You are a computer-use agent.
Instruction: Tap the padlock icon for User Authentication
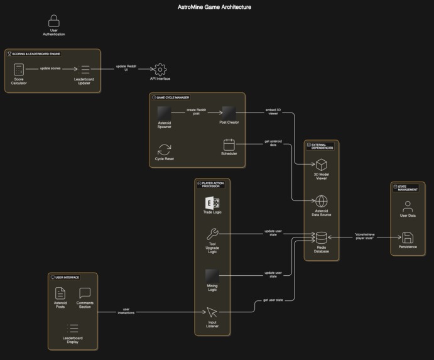(54, 21)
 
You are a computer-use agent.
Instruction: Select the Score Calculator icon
(19, 70)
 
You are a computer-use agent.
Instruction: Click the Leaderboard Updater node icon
(86, 70)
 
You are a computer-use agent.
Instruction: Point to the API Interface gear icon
(160, 68)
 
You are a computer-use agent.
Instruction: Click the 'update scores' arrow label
(50, 68)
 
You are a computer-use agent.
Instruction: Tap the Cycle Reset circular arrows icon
(165, 150)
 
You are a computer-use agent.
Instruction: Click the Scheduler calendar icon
(229, 144)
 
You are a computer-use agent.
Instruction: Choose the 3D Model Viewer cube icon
(321, 165)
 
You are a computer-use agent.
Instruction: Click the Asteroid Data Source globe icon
(321, 201)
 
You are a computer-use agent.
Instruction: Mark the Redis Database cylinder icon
(321, 237)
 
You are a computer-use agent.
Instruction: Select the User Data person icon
(408, 205)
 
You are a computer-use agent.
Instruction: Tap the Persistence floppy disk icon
(408, 237)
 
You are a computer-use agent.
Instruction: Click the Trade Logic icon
(212, 203)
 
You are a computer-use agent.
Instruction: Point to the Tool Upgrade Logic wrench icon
(212, 234)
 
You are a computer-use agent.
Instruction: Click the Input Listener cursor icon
(212, 312)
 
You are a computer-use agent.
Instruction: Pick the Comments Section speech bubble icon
(85, 293)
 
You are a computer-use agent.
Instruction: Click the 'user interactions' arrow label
(126, 310)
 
